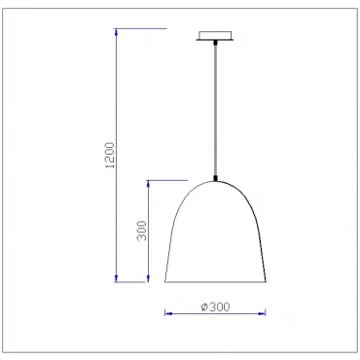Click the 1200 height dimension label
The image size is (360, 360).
(111, 155)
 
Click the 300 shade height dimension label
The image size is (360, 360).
(142, 231)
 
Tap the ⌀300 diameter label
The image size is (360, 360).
(215, 306)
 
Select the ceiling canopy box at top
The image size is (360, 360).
(215, 35)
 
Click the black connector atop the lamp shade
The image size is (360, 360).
(215, 178)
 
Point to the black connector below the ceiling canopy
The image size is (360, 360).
(215, 42)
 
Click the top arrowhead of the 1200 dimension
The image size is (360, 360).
(116, 32)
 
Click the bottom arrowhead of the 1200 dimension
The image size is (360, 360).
(116, 278)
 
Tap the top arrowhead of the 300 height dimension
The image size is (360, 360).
(149, 184)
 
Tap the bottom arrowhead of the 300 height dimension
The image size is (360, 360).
(149, 278)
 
